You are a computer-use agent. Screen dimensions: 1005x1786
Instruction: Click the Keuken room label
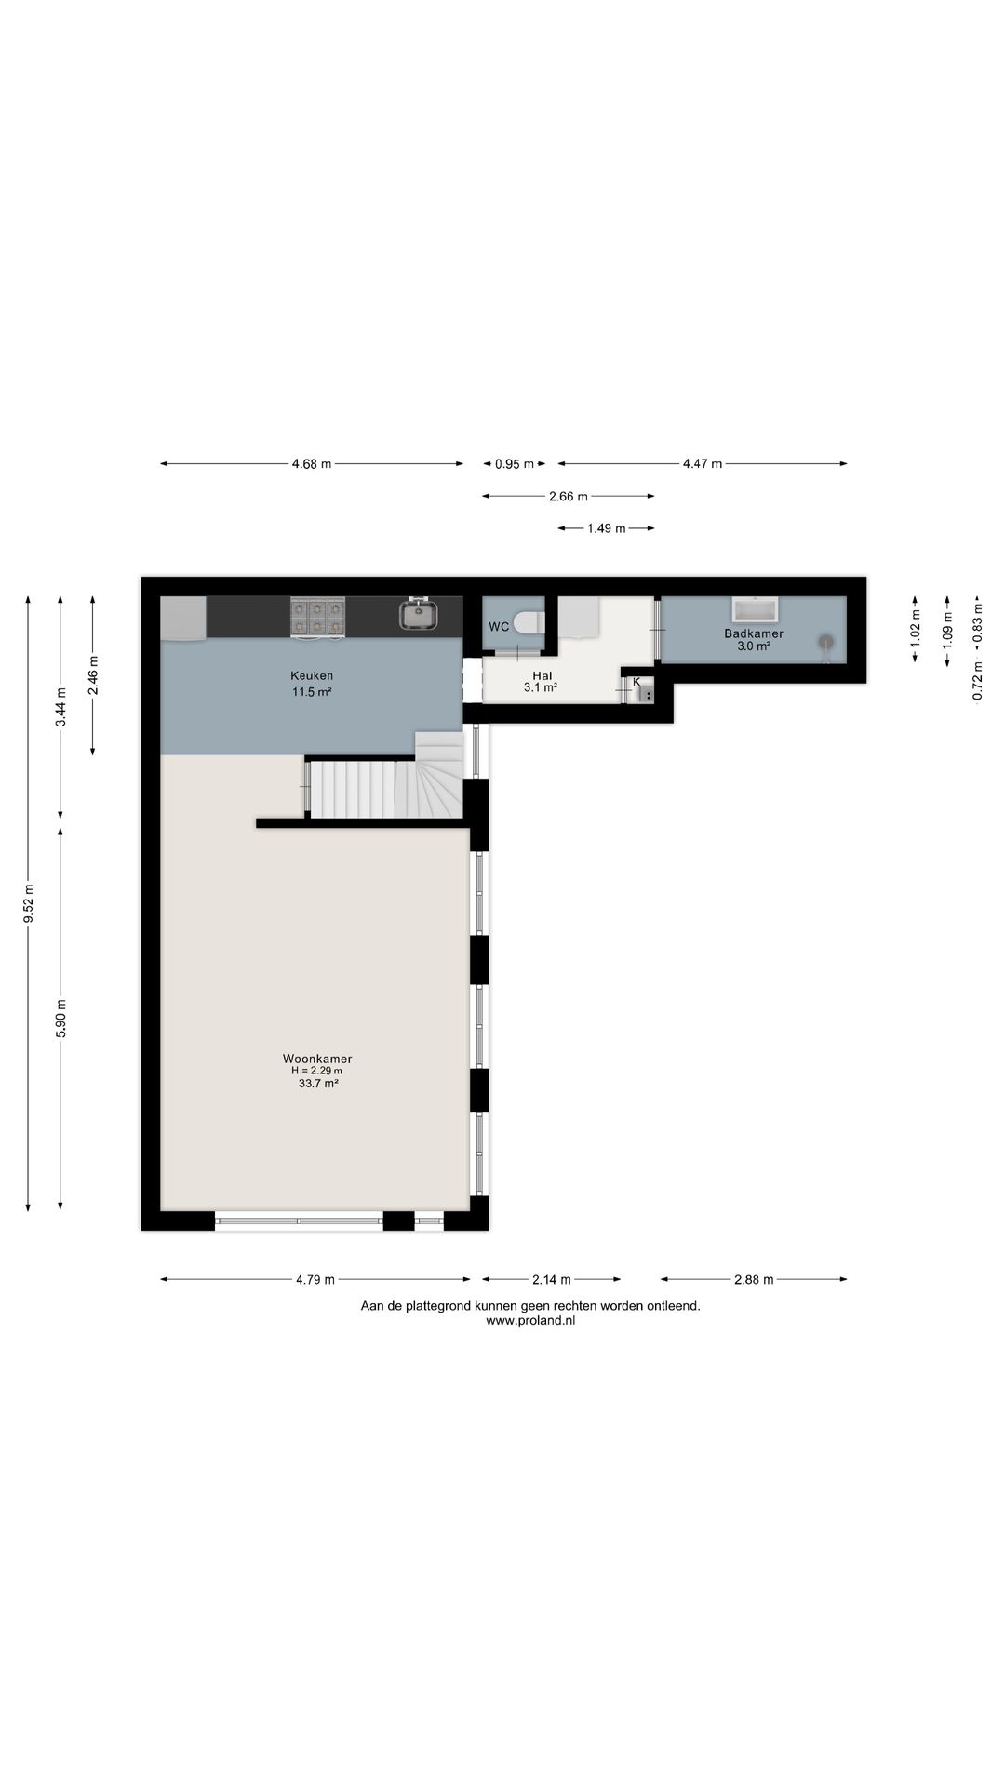pyautogui.click(x=312, y=676)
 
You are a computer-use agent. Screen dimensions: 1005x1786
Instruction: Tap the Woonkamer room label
pyautogui.click(x=317, y=1059)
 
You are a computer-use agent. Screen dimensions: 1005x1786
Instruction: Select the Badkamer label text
pyautogui.click(x=754, y=633)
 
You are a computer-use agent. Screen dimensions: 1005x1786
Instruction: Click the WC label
pyautogui.click(x=499, y=627)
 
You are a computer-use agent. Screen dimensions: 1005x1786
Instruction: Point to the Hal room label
pyautogui.click(x=543, y=676)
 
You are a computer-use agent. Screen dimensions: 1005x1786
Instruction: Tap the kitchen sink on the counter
pyautogui.click(x=420, y=614)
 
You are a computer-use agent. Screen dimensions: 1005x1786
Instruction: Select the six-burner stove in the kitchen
pyautogui.click(x=317, y=618)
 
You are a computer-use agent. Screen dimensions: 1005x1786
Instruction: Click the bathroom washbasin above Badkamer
pyautogui.click(x=755, y=610)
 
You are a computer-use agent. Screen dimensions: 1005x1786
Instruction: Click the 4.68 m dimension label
pyautogui.click(x=312, y=464)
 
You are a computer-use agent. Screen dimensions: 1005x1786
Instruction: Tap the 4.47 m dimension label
pyautogui.click(x=703, y=464)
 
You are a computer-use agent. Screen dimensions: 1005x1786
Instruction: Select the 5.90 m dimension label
pyautogui.click(x=61, y=1018)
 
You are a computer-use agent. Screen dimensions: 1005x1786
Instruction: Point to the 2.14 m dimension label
pyautogui.click(x=552, y=1280)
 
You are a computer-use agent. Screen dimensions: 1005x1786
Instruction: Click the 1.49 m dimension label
pyautogui.click(x=606, y=528)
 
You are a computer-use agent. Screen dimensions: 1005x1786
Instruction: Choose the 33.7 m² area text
pyautogui.click(x=317, y=1083)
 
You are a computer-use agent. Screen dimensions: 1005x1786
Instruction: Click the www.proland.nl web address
pyautogui.click(x=530, y=1320)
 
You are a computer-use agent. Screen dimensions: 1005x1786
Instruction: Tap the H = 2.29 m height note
pyautogui.click(x=317, y=1071)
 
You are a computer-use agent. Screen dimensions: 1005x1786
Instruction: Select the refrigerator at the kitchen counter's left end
pyautogui.click(x=183, y=619)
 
